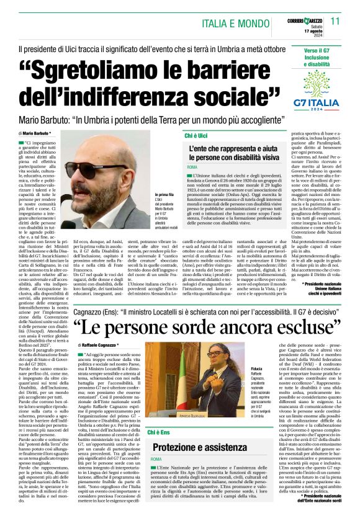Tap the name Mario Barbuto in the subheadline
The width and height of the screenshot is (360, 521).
tap(47, 118)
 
